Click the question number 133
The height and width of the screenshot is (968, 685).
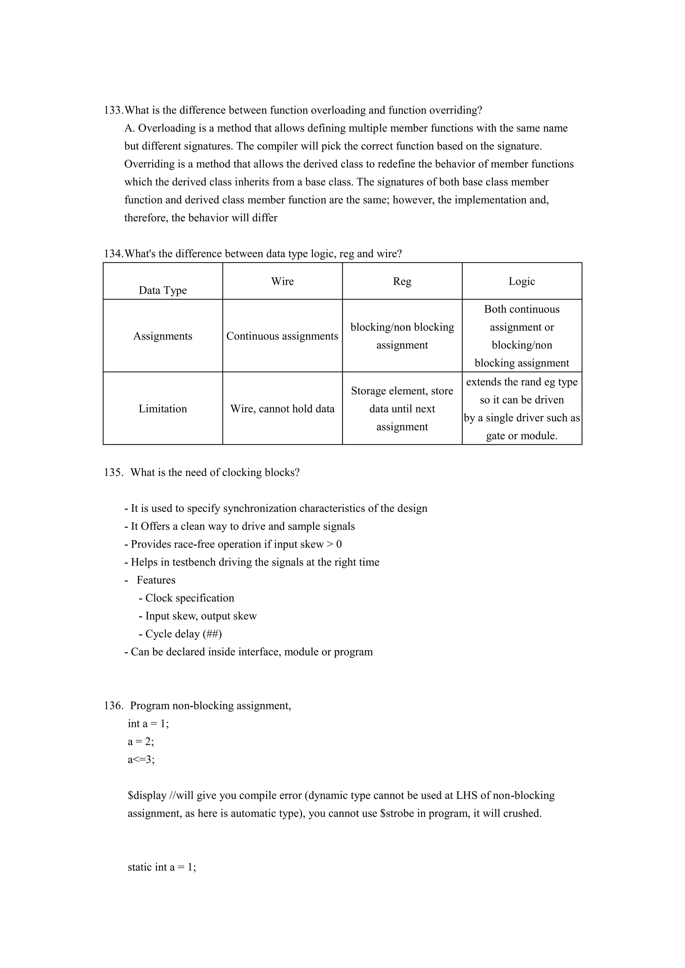pos(113,110)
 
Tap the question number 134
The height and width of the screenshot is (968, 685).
pos(113,254)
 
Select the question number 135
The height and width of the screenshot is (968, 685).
pos(113,473)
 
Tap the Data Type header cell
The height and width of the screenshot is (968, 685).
pos(163,290)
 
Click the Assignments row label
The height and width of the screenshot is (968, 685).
pos(163,336)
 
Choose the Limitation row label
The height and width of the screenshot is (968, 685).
pos(163,408)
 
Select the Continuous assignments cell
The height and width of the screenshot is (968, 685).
pos(282,336)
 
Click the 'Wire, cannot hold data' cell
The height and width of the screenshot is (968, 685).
pos(282,408)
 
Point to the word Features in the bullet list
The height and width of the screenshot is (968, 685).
pos(156,580)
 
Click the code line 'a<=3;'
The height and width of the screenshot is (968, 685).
pos(141,760)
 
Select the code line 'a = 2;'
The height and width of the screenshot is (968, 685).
pos(141,742)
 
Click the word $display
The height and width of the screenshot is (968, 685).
pos(147,796)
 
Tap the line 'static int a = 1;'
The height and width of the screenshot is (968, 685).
pos(162,867)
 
